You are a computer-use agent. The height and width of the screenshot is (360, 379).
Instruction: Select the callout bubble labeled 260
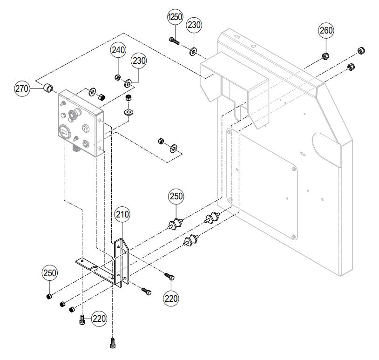coord(325,31)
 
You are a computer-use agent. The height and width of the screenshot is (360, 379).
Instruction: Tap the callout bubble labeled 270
coord(22,88)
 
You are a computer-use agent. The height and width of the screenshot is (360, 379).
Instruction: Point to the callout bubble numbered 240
coord(118,51)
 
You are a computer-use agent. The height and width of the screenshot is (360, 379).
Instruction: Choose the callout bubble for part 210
coord(122,215)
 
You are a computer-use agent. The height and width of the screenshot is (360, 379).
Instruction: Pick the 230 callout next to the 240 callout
coord(139,61)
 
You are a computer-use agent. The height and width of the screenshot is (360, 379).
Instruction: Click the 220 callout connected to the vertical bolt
coord(98,319)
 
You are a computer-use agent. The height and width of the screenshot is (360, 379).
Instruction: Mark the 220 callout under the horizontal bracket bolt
coord(171,296)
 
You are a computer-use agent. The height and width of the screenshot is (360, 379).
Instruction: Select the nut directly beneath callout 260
coord(325,57)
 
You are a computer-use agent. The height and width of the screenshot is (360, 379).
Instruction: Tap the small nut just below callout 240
coord(118,77)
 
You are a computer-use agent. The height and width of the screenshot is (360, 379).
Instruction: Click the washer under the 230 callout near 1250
coord(193,50)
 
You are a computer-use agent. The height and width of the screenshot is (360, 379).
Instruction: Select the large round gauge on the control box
coord(64,133)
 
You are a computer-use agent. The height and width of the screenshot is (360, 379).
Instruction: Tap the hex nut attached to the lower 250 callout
coord(48,297)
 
